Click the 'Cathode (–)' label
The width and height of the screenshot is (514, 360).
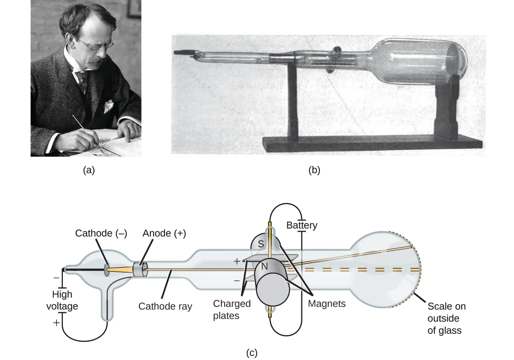tap(101, 233)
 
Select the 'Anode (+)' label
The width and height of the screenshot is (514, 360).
tap(164, 233)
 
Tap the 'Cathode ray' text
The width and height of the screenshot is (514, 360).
tap(165, 306)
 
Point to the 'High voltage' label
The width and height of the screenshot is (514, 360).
tap(62, 300)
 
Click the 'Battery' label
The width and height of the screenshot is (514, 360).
tap(302, 225)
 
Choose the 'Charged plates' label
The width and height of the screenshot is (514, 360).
tap(232, 309)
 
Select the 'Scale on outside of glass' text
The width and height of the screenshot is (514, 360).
tap(446, 318)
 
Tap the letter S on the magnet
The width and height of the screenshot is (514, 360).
tap(261, 244)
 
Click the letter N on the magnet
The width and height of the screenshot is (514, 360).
tap(265, 267)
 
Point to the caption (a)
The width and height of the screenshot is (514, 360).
tap(89, 170)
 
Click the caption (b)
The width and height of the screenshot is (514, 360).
tap(314, 170)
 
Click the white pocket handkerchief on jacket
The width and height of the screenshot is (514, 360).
tap(108, 106)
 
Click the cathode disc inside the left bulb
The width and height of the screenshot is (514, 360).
tap(107, 270)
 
